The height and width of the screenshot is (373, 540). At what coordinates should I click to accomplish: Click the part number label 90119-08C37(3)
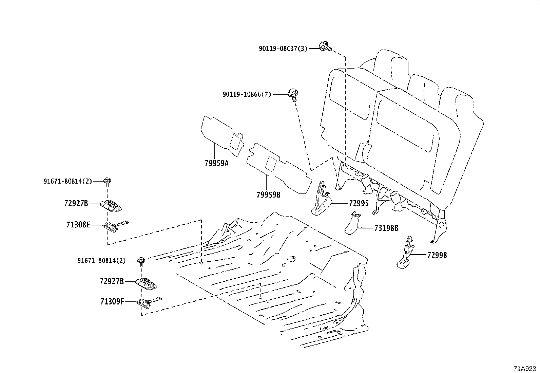pos(283,49)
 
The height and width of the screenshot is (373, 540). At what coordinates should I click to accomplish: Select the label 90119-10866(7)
pos(247,95)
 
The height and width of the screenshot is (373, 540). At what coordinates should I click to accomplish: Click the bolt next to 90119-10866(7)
pos(293,94)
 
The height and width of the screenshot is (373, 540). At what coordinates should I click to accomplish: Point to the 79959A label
pos(216,163)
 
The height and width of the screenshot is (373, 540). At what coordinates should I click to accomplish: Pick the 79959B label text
pos(268,195)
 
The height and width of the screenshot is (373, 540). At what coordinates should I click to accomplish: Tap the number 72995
pos(359,203)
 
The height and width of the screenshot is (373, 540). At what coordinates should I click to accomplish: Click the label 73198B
pos(386,228)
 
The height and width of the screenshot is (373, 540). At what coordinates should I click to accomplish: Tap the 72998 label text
pos(437,255)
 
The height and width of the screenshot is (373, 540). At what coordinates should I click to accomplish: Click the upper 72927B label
pos(76,203)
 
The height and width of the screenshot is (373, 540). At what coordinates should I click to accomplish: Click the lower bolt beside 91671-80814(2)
pos(141,261)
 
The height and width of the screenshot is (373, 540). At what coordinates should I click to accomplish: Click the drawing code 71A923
pos(525,368)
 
